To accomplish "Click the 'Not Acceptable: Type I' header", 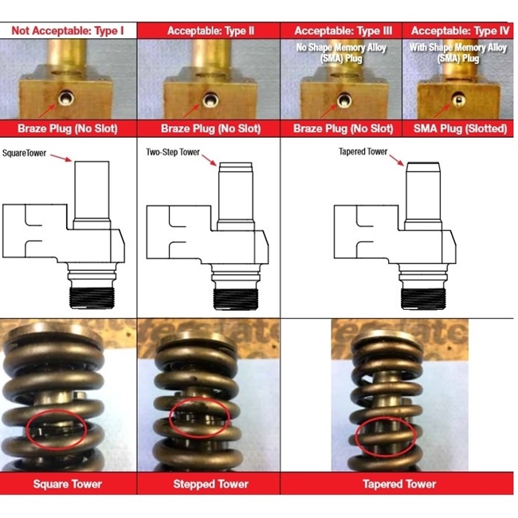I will coord(69,31).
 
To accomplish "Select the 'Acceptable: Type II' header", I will coord(210,31).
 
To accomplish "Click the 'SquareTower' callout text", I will coord(27,150).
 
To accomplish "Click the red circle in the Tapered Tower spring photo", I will coord(386,437).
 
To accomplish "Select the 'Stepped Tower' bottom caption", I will coord(210,484).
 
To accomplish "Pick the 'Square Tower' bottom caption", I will coord(68,484).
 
